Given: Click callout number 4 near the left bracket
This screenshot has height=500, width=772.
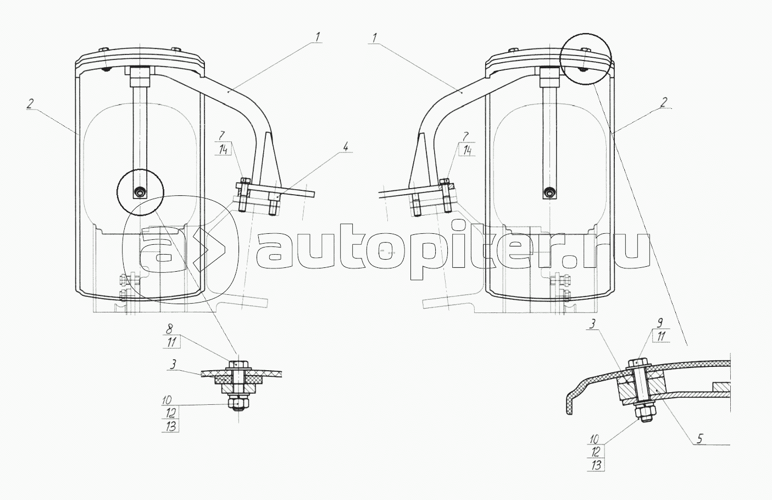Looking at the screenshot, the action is tap(345, 147).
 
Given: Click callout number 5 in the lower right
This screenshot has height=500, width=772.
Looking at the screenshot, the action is tap(699, 438).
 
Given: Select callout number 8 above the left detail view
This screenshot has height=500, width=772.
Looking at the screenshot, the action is tap(169, 329).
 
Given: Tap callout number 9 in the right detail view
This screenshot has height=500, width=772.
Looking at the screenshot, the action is tap(660, 323).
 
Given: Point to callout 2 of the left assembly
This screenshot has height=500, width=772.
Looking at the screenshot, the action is tap(30, 104).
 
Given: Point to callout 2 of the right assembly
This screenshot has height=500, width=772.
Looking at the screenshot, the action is tap(664, 102).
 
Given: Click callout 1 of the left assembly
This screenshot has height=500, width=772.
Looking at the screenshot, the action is tap(317, 37).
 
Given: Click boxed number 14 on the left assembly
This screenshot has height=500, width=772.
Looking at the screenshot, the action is tap(223, 150).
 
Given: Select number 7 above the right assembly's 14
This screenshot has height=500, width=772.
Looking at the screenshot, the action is tap(465, 136).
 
